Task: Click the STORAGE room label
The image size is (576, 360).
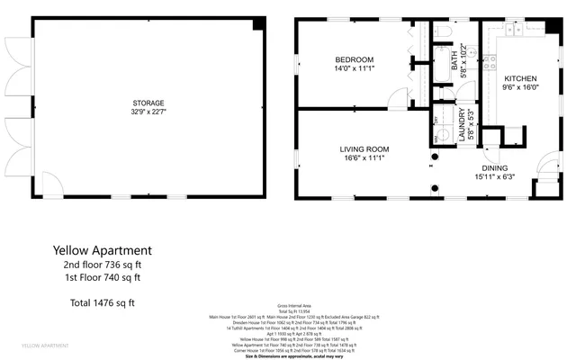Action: (148, 103)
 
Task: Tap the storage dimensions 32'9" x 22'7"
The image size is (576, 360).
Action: (148, 112)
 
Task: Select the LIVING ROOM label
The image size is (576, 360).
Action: (364, 148)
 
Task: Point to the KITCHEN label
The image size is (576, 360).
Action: (520, 78)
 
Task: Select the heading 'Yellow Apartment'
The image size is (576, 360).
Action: (102, 249)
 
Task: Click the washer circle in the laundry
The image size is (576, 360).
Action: (438, 139)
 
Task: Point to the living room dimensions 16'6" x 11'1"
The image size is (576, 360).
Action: (364, 158)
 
